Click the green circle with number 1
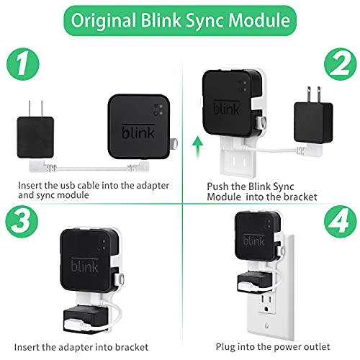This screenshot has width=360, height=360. tap(23, 64)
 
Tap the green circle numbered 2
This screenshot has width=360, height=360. tap(341, 64)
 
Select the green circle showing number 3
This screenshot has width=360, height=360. tap(22, 221)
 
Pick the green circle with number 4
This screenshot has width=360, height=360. tap(341, 221)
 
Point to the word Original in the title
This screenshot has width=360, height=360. tap(104, 22)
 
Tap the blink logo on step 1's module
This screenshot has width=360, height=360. tap(138, 131)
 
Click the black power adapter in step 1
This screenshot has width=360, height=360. tap(35, 137)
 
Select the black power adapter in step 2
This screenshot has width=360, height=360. tap(313, 125)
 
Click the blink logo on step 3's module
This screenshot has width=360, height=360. tap(84, 265)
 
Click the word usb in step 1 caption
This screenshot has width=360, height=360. tap(68, 186)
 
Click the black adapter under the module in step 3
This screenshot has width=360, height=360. tap(86, 318)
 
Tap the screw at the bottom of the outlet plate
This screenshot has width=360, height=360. tap(267, 325)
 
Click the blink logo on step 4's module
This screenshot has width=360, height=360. tap(254, 240)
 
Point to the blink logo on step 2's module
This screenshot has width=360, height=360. tap(226, 107)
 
